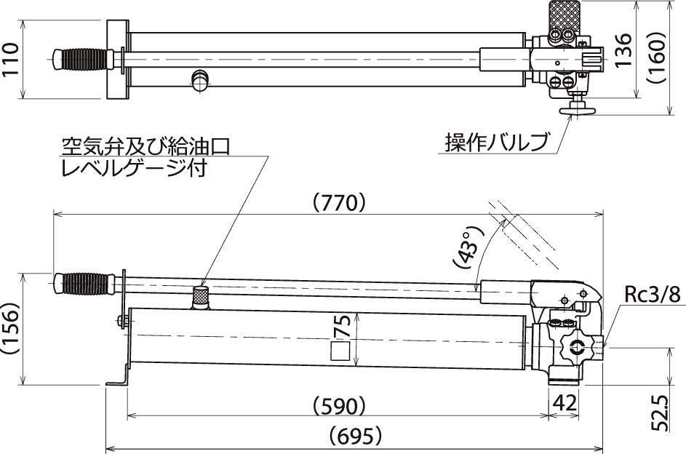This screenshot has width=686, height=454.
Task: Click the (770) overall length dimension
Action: (x=340, y=203)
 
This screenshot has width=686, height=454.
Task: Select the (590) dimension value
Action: (x=340, y=406)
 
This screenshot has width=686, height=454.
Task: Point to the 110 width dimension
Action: (x=11, y=59)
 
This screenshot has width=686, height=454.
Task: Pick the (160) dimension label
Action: (x=656, y=57)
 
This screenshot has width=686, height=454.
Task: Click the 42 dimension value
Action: (x=565, y=402)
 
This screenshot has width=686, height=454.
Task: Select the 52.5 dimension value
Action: (x=660, y=413)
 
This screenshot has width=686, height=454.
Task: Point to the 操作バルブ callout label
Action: (x=497, y=142)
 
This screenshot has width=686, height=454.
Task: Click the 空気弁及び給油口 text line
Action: (x=146, y=146)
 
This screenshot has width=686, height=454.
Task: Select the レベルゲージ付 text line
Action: (x=134, y=168)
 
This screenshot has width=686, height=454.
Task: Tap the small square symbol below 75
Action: (x=340, y=351)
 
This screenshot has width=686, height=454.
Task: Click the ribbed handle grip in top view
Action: (x=84, y=59)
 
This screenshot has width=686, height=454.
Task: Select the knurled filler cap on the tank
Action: (x=201, y=297)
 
